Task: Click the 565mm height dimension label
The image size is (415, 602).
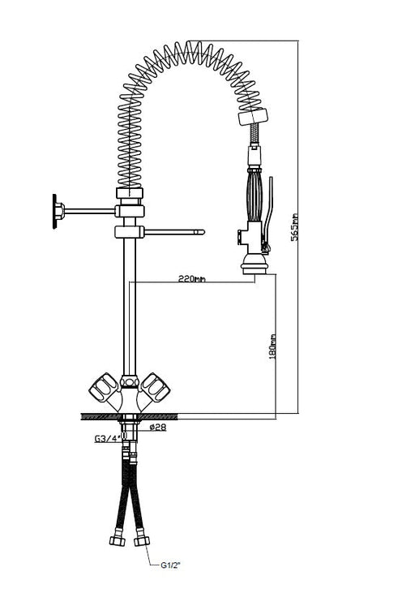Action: click(297, 226)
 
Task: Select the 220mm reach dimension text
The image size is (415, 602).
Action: click(192, 278)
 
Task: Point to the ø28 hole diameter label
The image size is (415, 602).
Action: click(158, 428)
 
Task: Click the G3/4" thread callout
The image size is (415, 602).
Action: click(107, 439)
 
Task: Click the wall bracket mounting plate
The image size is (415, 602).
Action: click(57, 209)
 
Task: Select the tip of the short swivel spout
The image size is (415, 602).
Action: click(199, 233)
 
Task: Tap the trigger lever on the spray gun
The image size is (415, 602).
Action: click(273, 207)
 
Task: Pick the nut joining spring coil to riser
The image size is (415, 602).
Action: click(129, 194)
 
